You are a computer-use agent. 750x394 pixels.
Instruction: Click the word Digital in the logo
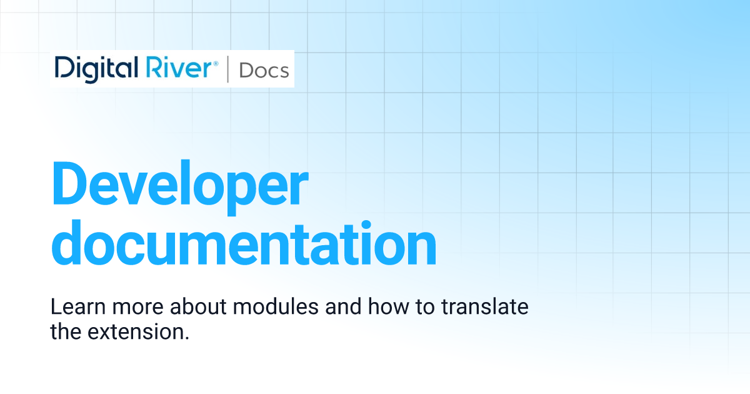(x=96, y=69)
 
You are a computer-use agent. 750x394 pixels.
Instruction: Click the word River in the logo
(x=179, y=68)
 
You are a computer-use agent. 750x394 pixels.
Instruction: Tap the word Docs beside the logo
(x=264, y=71)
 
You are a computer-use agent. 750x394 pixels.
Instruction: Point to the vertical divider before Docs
(x=228, y=69)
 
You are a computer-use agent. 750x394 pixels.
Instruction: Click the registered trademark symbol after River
(x=216, y=64)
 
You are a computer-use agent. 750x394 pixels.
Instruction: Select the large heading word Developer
(x=180, y=188)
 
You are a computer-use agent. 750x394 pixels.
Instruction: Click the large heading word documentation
(x=244, y=243)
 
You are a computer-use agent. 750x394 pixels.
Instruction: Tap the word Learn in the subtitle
(x=78, y=306)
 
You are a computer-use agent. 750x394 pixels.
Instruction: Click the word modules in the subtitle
(x=276, y=306)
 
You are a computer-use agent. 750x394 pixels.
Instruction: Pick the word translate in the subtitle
(x=485, y=306)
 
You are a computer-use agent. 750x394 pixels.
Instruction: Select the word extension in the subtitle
(x=136, y=332)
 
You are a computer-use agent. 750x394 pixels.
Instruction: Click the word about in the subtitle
(x=198, y=306)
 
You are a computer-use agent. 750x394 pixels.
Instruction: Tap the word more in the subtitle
(x=137, y=309)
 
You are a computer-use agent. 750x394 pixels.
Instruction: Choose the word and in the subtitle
(x=343, y=306)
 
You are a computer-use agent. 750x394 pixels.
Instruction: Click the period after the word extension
(x=187, y=338)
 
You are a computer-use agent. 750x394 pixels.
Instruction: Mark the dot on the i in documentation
(x=366, y=225)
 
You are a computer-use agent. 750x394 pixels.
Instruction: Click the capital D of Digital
(x=64, y=68)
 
